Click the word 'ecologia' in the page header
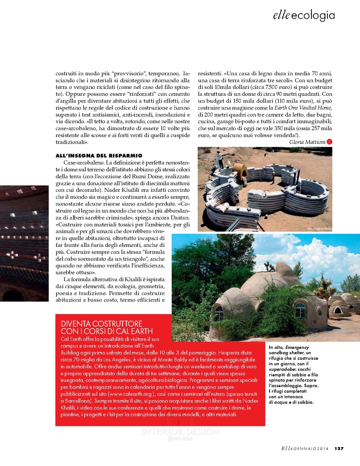[x=313, y=15]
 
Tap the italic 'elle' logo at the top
[x=281, y=15]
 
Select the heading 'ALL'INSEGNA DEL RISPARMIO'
[x=99, y=155]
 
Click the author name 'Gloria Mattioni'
[x=307, y=142]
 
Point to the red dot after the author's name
[x=329, y=142]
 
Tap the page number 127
[x=339, y=448]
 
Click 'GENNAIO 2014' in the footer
[x=311, y=449]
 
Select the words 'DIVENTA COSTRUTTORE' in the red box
[x=102, y=324]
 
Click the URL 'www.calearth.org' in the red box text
[x=132, y=394]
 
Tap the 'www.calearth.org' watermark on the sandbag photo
[x=319, y=229]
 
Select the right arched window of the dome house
[x=300, y=309]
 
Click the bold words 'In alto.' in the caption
[x=276, y=347]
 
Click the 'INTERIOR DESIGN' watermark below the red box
[x=180, y=431]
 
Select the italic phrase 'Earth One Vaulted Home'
[x=302, y=108]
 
